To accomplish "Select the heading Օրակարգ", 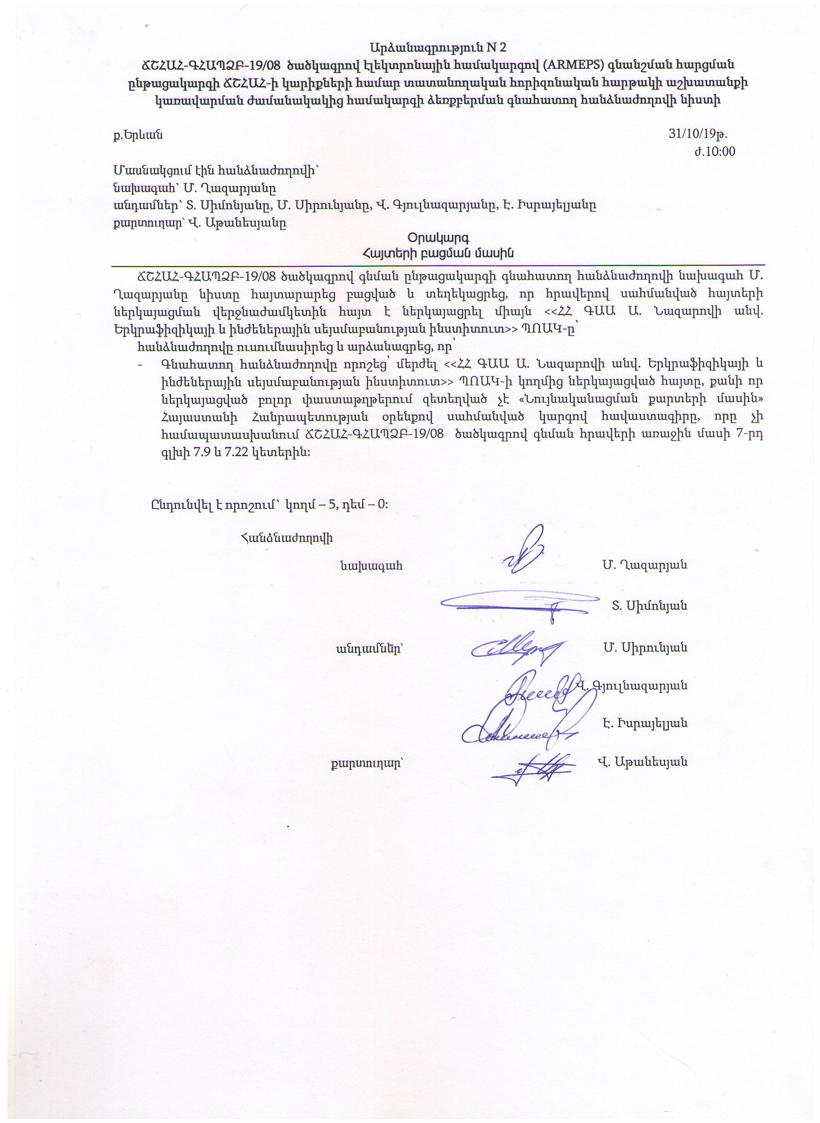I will (x=438, y=237).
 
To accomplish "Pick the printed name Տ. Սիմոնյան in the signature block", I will (x=649, y=606).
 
